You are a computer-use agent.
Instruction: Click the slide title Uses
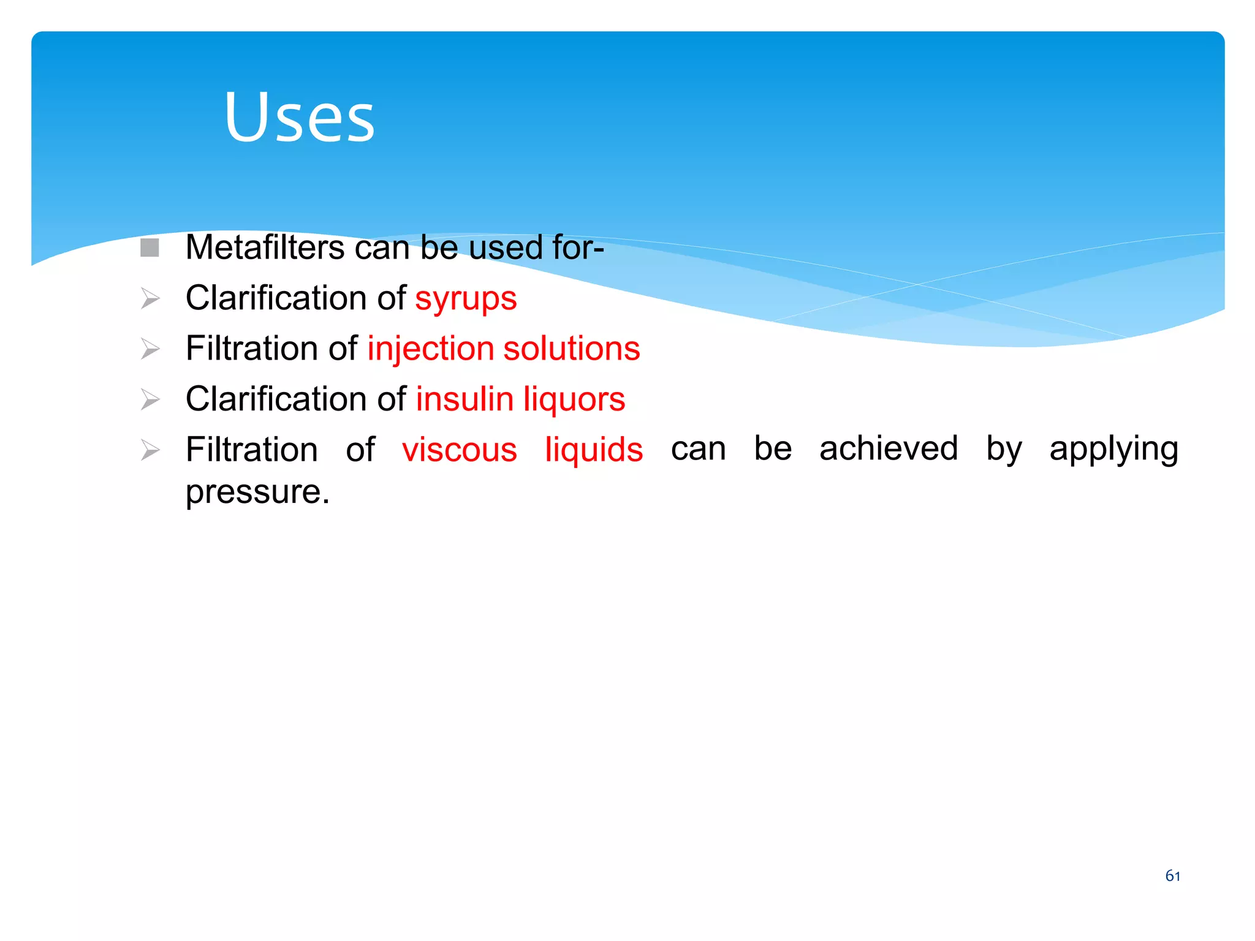299,116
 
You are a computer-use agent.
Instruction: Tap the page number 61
1172,876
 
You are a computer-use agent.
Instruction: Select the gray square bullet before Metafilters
150,248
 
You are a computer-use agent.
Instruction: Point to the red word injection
430,349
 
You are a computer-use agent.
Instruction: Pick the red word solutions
571,349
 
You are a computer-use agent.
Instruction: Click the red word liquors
574,399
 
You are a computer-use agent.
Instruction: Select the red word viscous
460,450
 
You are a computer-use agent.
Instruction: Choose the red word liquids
594,450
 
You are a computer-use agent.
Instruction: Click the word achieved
889,448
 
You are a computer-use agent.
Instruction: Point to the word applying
1113,450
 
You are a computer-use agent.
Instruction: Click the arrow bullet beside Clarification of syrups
150,298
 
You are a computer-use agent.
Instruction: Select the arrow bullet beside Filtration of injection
150,349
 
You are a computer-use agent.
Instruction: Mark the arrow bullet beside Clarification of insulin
150,399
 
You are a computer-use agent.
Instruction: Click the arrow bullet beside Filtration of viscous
150,450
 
